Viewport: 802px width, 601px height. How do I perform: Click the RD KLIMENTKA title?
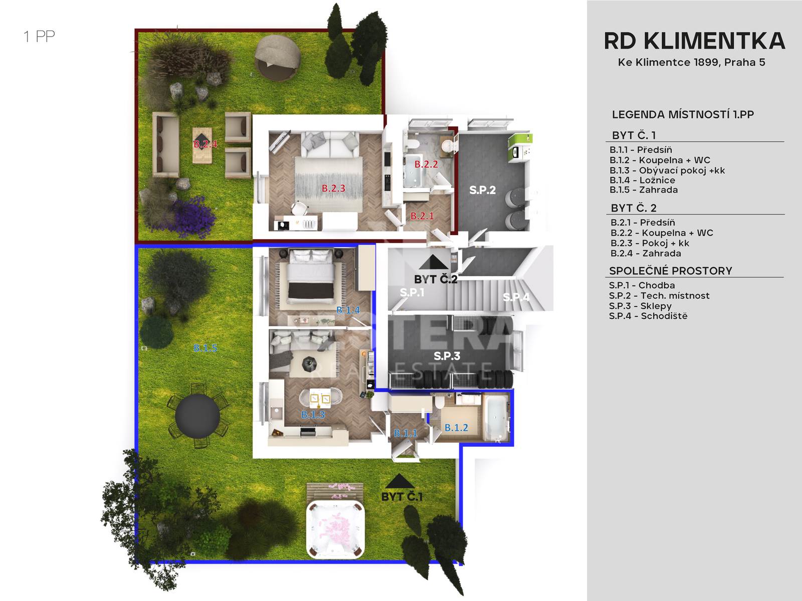694,41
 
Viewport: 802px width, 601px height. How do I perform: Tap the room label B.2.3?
333,188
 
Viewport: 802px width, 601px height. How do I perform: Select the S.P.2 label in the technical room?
482,190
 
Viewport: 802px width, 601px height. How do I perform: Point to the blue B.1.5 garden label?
206,348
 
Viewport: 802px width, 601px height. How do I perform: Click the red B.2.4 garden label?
206,144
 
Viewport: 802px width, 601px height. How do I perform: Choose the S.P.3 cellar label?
447,356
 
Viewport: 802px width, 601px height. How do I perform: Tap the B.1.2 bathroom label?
456,428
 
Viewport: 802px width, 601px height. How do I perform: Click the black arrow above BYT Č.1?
399,482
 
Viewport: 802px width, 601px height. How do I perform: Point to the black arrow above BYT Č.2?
434,262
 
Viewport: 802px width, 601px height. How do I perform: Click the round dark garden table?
197,416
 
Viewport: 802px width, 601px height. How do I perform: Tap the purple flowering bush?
192,216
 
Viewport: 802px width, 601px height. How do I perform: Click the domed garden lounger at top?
278,57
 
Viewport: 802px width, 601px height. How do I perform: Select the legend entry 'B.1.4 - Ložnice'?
642,180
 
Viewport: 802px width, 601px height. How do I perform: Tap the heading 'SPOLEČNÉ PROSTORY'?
671,271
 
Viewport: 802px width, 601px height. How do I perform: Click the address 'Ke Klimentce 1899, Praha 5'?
691,63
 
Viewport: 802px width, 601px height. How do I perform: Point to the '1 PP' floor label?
39,37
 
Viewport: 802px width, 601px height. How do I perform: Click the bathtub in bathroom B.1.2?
496,418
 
